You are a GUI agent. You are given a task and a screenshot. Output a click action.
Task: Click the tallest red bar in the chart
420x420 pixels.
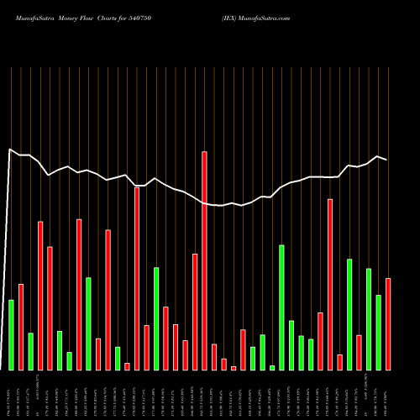point(204,260)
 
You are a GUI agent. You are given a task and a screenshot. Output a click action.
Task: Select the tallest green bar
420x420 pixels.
point(281,307)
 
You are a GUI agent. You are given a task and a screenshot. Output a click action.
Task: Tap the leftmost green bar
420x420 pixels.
point(11,334)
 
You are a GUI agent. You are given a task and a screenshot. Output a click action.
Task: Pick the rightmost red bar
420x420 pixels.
point(388,323)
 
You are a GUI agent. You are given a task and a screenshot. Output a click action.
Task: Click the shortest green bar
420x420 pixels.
point(272,367)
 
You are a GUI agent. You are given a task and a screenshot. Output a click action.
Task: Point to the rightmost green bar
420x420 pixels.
point(378,332)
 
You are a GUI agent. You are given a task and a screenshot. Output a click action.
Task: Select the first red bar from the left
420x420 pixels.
point(21,327)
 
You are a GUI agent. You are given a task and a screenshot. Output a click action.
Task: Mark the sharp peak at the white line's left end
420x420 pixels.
point(9,150)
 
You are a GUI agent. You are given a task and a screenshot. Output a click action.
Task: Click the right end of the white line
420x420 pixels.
point(386,160)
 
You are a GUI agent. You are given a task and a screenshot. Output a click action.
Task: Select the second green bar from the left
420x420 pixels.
point(30,351)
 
